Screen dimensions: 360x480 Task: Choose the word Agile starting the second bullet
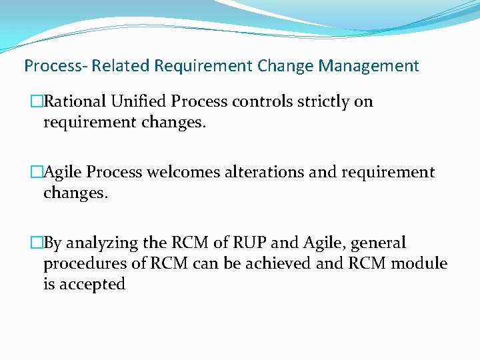(x=61, y=172)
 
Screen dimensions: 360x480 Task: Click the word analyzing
(x=102, y=243)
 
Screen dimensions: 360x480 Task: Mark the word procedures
(x=83, y=263)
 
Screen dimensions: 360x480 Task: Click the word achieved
(x=280, y=263)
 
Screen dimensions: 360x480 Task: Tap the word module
(x=419, y=263)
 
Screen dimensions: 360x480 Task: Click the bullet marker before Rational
(x=37, y=102)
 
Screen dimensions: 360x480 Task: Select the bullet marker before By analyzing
(x=37, y=243)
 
